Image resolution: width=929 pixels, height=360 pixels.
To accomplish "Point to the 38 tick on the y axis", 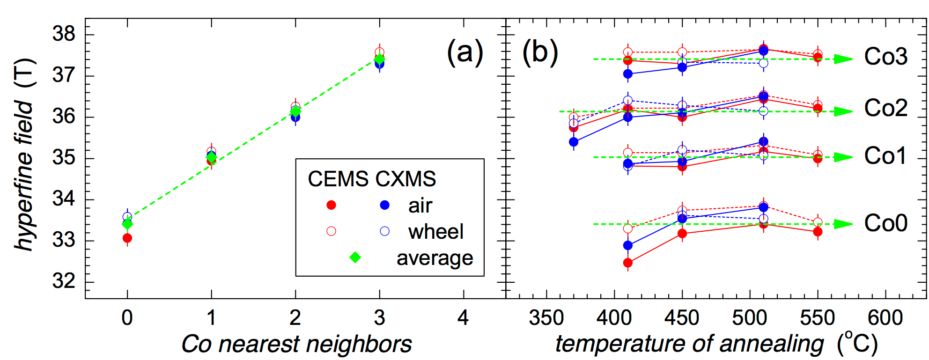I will click(x=64, y=34).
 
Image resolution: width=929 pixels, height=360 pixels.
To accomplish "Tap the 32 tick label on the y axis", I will click(x=64, y=281).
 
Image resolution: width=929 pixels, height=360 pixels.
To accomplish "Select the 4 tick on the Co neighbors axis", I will click(x=463, y=318).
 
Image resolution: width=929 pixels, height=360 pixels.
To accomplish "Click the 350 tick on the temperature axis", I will click(x=546, y=318).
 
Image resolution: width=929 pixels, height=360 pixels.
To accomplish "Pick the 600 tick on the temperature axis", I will click(x=885, y=318).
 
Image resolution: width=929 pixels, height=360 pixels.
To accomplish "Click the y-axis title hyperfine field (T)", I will click(x=24, y=154).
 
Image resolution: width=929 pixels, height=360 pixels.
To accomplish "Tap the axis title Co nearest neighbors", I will click(x=296, y=344).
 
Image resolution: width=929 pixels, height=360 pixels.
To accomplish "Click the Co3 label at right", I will click(x=885, y=57).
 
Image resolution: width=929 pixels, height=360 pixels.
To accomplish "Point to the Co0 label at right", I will click(x=885, y=223).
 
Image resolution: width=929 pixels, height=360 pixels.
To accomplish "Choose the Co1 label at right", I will click(x=885, y=156).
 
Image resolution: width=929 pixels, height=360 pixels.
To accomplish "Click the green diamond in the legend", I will click(x=355, y=257).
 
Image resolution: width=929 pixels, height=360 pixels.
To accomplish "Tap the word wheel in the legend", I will click(x=435, y=232).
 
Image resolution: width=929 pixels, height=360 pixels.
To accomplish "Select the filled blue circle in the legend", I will click(x=385, y=205).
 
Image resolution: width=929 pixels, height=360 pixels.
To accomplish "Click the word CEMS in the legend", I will click(x=338, y=179).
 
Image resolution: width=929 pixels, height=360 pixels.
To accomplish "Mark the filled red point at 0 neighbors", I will click(x=127, y=238).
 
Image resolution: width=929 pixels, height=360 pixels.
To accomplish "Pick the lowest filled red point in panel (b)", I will click(x=628, y=263).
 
